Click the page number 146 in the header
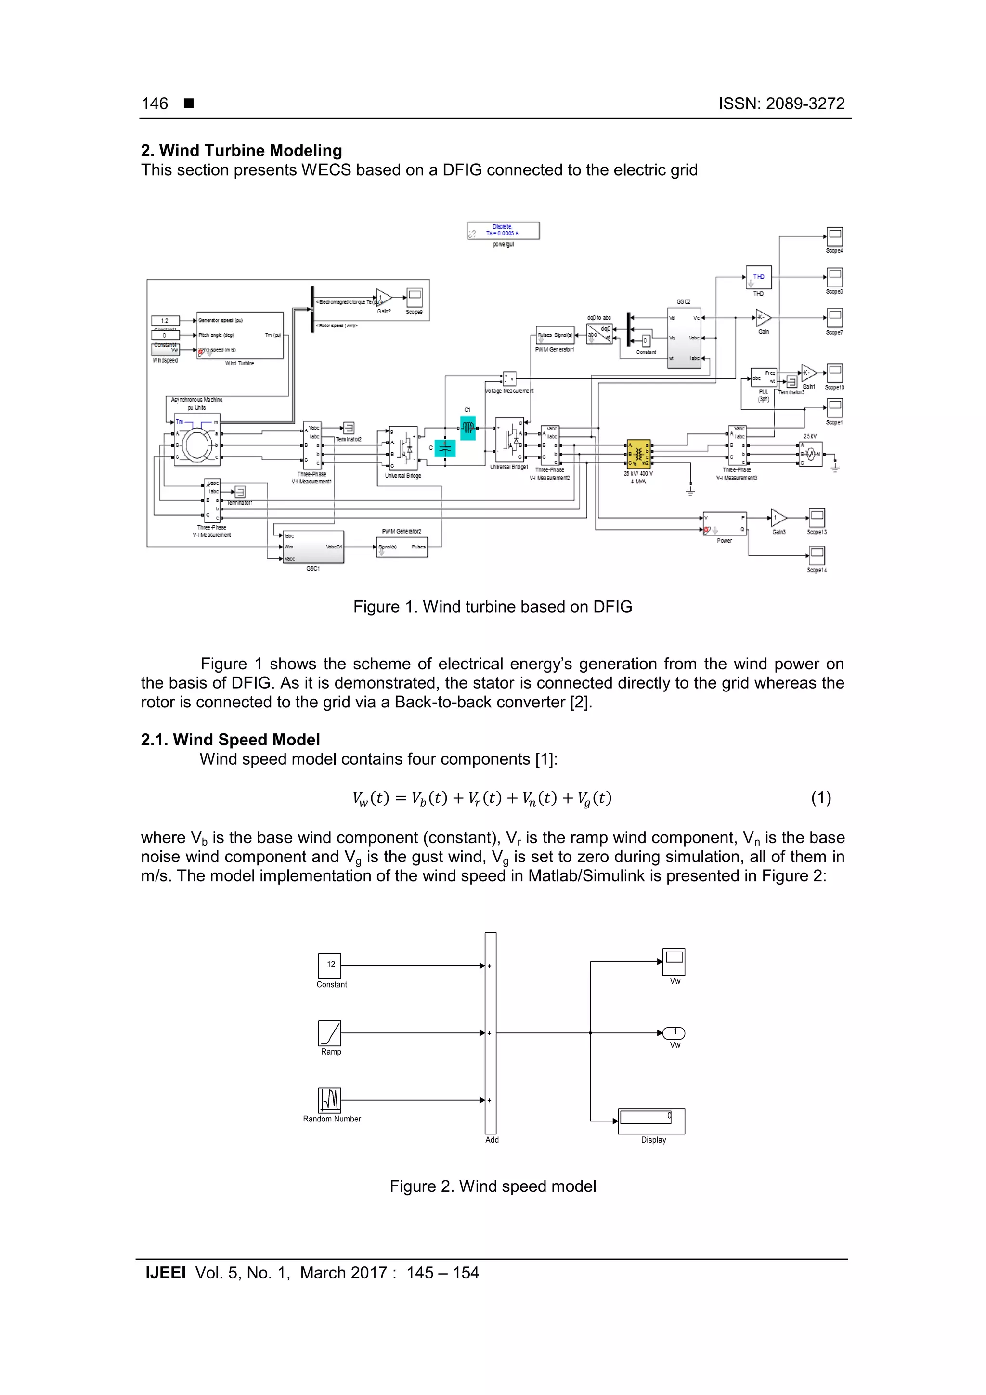[x=155, y=104]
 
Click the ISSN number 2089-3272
[x=781, y=104]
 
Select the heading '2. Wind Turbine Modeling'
[x=241, y=151]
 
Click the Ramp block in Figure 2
[x=330, y=1033]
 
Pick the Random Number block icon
[x=330, y=1100]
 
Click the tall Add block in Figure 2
[x=490, y=1033]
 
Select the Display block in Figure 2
[x=651, y=1121]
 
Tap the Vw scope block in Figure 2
[x=674, y=961]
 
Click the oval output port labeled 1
[x=674, y=1033]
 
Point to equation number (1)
[x=821, y=798]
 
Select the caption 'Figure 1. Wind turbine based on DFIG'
[x=493, y=607]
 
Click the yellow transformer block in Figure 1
[x=638, y=454]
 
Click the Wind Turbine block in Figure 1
[x=240, y=335]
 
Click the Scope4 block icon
[x=835, y=236]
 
